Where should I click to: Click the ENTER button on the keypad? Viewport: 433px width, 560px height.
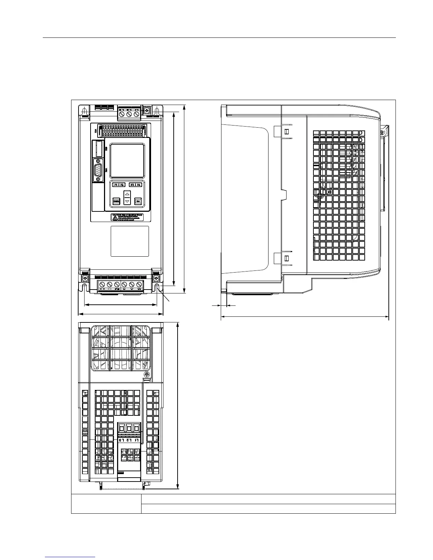[x=116, y=202]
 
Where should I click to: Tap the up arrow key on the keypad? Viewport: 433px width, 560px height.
[x=127, y=194]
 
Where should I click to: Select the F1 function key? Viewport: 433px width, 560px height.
[x=116, y=185]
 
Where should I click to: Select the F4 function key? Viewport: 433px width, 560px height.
[x=139, y=185]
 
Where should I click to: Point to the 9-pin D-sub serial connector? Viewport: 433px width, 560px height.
[x=98, y=170]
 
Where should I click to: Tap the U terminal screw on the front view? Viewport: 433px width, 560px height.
[x=124, y=285]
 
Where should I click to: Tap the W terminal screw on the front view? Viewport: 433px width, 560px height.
[x=139, y=285]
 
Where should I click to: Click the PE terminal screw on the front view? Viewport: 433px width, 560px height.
[x=117, y=285]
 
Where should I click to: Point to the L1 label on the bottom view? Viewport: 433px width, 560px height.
[x=137, y=440]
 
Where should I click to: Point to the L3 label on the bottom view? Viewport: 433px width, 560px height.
[x=122, y=440]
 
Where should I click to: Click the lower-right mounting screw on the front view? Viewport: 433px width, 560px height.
[x=156, y=279]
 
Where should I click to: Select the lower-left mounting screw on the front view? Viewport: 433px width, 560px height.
[x=84, y=279]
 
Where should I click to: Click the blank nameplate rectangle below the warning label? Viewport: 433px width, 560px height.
[x=130, y=241]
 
